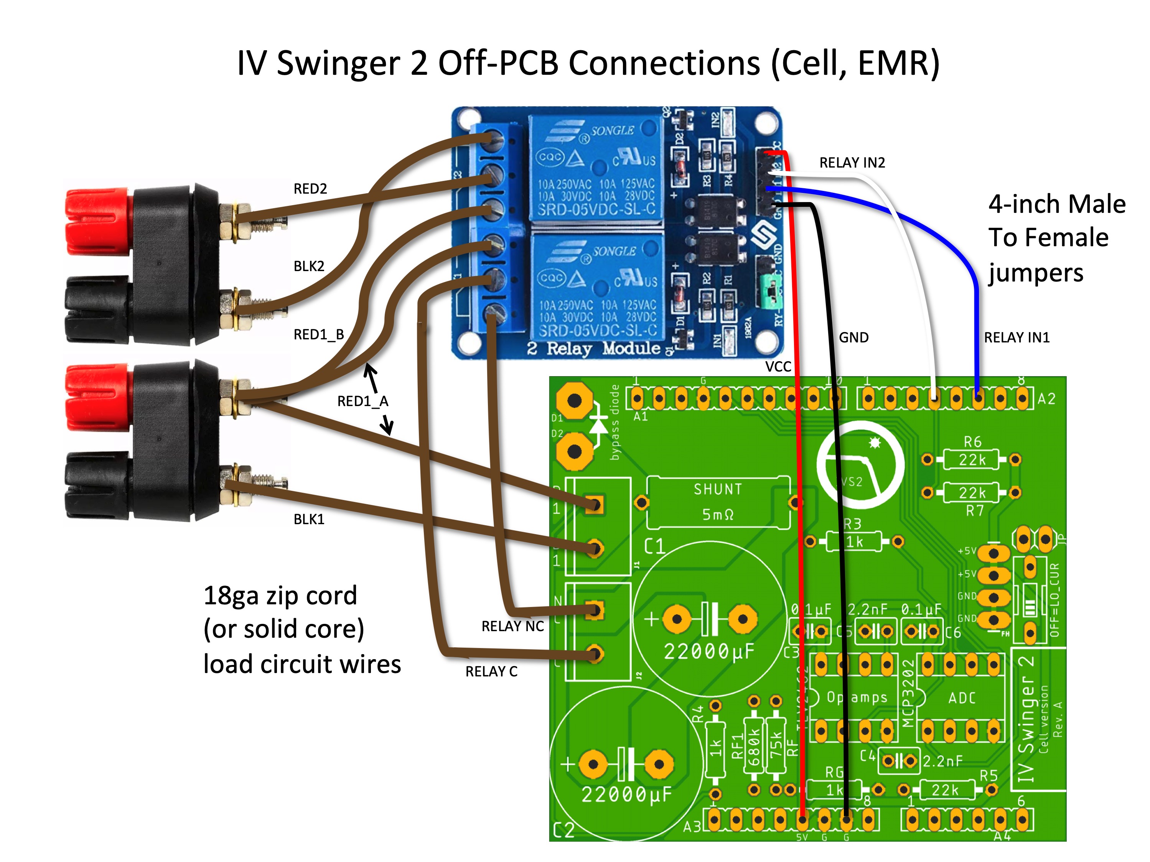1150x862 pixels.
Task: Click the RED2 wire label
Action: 310,189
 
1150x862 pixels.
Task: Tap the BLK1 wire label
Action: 309,519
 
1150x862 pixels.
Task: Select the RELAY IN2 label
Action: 852,163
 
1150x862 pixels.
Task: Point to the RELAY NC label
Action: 512,626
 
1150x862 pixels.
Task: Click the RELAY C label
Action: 491,671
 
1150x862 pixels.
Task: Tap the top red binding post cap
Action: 97,222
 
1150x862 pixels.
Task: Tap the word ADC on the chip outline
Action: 961,698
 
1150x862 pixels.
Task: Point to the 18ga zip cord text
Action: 280,596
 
